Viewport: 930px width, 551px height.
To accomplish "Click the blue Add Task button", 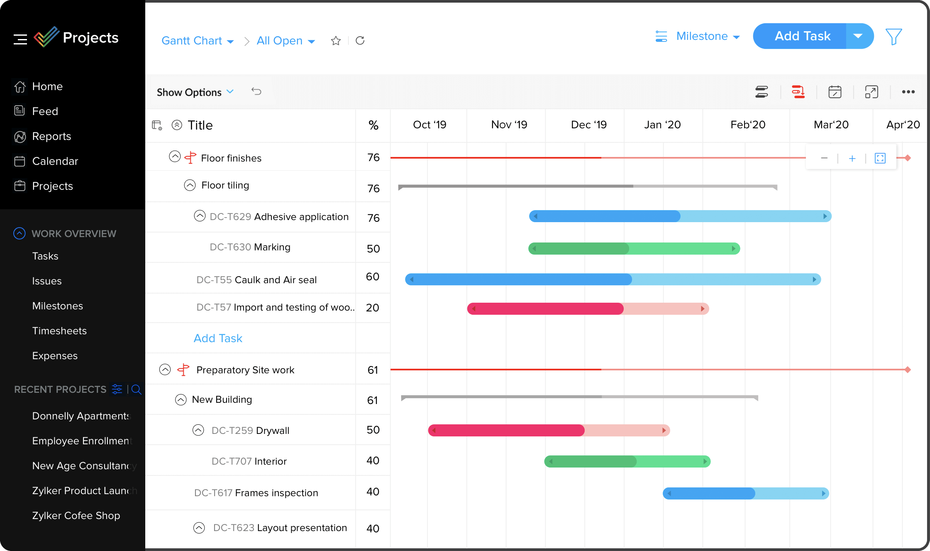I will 802,36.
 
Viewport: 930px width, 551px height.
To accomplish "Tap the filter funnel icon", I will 893,37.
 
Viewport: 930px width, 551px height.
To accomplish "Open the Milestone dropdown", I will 708,37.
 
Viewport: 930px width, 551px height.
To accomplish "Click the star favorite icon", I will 336,41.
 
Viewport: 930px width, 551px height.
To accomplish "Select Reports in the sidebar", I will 51,136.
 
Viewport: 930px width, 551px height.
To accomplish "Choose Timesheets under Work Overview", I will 59,331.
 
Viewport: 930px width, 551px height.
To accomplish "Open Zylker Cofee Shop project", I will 76,516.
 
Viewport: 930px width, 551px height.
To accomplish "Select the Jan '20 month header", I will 662,125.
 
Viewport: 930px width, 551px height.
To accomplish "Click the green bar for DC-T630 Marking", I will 634,249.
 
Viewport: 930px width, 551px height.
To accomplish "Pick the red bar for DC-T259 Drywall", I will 549,431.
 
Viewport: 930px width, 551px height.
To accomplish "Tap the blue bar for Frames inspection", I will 745,493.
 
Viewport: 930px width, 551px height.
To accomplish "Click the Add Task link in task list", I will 218,338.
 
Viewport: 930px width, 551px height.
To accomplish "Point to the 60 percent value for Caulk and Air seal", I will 373,277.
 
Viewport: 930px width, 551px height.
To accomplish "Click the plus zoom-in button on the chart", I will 852,158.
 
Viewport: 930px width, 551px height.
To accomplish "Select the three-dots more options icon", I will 908,92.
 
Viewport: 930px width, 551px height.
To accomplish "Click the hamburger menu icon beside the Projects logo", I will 20,39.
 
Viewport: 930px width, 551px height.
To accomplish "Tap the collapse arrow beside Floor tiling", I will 190,185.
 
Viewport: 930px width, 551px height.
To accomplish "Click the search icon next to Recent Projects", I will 137,389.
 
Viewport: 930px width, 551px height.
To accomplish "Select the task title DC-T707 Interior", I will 249,461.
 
